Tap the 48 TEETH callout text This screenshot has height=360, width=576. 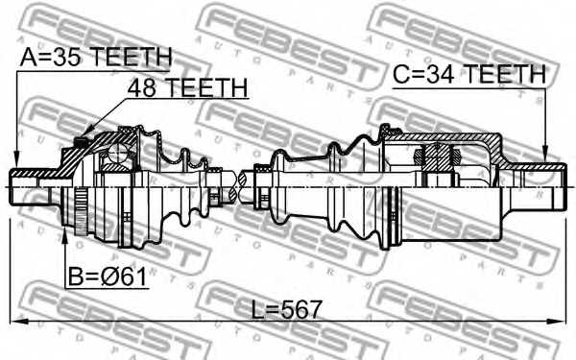click(186, 87)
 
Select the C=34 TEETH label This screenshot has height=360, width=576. click(468, 73)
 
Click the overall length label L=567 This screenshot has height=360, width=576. click(286, 309)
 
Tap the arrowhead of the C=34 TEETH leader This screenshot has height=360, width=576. click(544, 156)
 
